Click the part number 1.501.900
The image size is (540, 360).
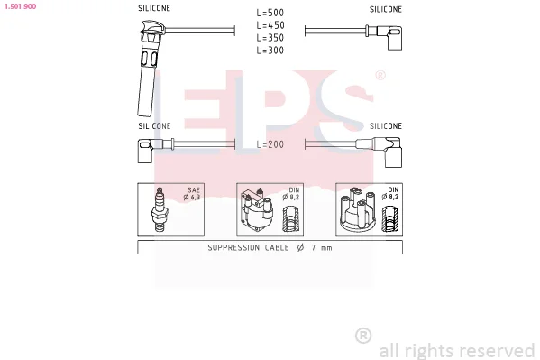pos(20,6)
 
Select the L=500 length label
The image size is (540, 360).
pos(270,13)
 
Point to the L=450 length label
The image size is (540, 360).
pos(270,25)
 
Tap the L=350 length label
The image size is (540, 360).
pos(270,38)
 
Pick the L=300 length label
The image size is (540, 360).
pos(270,51)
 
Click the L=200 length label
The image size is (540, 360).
pos(270,144)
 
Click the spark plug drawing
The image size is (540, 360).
pos(159,209)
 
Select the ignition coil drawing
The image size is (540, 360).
pos(257,209)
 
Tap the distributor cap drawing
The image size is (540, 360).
pos(358,209)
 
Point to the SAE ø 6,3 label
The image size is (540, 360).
pos(192,193)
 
